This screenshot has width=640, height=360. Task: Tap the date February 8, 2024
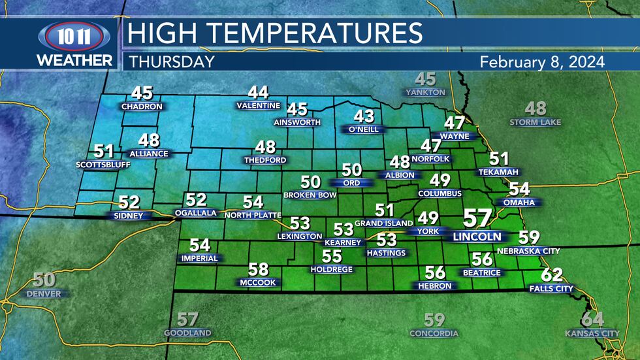tap(541, 61)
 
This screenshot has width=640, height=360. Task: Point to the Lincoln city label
tap(477, 237)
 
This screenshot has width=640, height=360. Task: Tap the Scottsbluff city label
tap(103, 165)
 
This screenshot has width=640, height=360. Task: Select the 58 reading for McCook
tap(258, 269)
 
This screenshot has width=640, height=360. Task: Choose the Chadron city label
tap(141, 106)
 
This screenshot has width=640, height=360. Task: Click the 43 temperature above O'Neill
tap(364, 116)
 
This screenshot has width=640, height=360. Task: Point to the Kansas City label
tap(592, 334)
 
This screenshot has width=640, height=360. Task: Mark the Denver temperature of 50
tap(44, 280)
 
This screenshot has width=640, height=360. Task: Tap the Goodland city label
tap(187, 333)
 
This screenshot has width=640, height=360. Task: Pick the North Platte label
tap(252, 215)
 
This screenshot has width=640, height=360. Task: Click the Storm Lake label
tap(536, 122)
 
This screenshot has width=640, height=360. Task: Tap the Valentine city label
tap(258, 106)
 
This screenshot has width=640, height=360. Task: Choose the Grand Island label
tap(384, 223)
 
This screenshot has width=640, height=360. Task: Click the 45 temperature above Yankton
tap(425, 79)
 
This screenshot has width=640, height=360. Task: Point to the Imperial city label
tap(199, 259)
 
